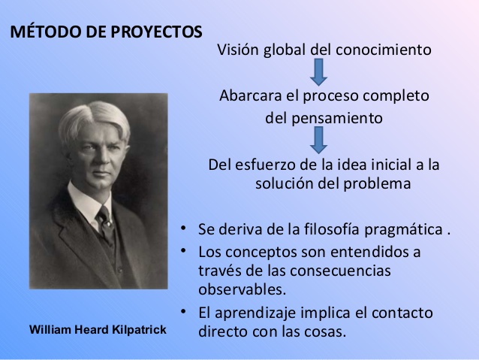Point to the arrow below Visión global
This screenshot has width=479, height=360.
coord(318,71)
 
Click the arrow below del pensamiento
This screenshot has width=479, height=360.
coord(318,139)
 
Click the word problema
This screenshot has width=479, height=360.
coord(378,184)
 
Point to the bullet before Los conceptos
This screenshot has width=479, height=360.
coord(185,250)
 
